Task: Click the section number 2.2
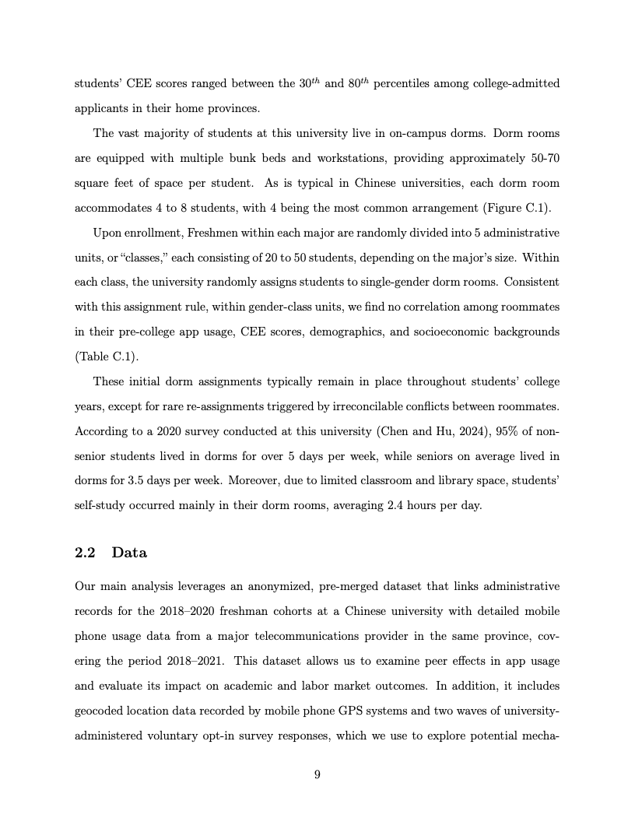[84, 553]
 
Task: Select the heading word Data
[129, 553]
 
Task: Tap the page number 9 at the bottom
[317, 774]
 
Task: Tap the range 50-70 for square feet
[541, 159]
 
